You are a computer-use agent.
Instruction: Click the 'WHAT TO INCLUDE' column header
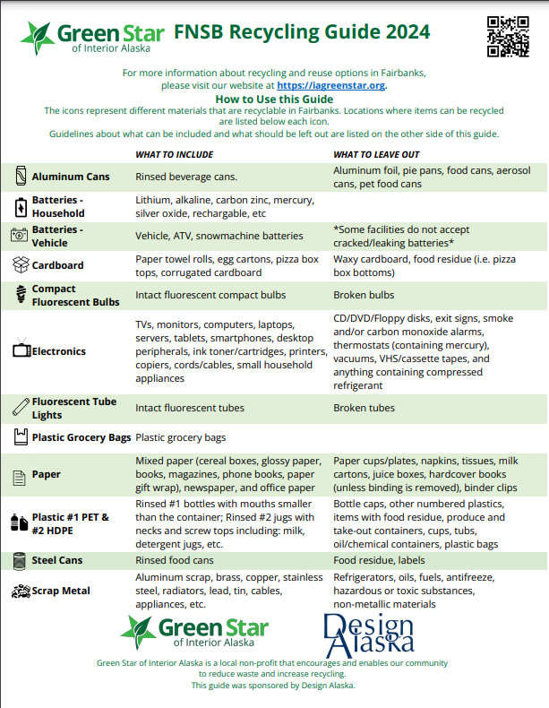click(x=174, y=155)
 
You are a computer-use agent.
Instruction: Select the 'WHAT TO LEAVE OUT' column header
click(x=377, y=155)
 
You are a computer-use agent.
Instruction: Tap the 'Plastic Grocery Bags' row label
click(x=81, y=438)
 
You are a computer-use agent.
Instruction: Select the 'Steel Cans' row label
click(x=57, y=560)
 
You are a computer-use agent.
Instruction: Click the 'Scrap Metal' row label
click(x=61, y=591)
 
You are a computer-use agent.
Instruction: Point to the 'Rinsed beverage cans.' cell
click(x=186, y=177)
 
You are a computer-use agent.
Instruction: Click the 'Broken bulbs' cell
click(x=364, y=295)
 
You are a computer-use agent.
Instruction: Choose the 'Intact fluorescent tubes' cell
click(x=190, y=408)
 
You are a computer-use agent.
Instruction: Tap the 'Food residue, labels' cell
click(x=379, y=560)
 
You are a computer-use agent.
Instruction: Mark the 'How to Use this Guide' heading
click(x=274, y=99)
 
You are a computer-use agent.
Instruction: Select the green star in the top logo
click(x=38, y=37)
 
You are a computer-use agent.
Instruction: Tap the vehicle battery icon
click(x=20, y=235)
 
